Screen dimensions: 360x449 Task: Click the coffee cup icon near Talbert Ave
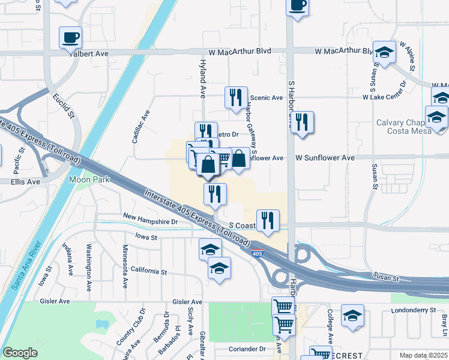click(x=70, y=37)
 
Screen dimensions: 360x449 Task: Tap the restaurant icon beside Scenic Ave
click(x=236, y=97)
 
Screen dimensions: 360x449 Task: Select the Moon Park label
click(x=85, y=179)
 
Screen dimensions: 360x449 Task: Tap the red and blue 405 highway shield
click(x=257, y=253)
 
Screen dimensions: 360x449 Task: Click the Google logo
click(x=20, y=353)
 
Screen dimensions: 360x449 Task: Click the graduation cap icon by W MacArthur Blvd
click(x=384, y=52)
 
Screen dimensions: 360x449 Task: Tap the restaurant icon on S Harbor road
click(x=301, y=123)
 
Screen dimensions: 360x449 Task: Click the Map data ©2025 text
click(x=423, y=355)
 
